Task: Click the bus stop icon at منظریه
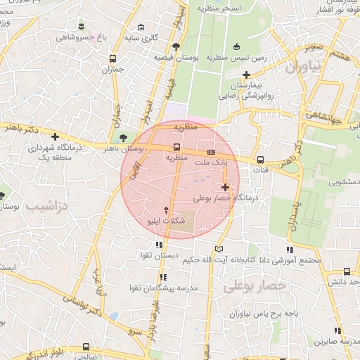pyautogui.click(x=176, y=148)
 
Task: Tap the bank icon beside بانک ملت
pyautogui.click(x=211, y=152)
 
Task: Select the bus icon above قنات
pyautogui.click(x=261, y=159)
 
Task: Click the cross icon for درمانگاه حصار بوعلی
pyautogui.click(x=225, y=187)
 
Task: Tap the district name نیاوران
pyautogui.click(x=302, y=68)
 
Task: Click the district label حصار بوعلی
pyautogui.click(x=255, y=286)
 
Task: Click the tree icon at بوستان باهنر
pyautogui.click(x=124, y=137)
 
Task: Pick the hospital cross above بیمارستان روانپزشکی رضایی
pyautogui.click(x=245, y=75)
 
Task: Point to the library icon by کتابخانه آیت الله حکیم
pyautogui.click(x=219, y=249)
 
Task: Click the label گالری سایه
pyautogui.click(x=155, y=37)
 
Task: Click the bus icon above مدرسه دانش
pyautogui.click(x=347, y=271)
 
